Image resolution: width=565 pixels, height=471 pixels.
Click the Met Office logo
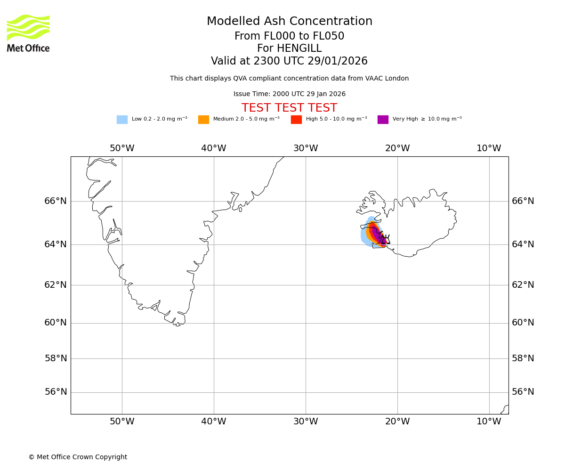tap(28, 33)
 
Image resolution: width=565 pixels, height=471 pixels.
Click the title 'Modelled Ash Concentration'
tap(289, 22)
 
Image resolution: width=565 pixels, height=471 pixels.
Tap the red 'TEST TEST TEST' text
tap(289, 108)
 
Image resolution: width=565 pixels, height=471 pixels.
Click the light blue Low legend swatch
tap(122, 120)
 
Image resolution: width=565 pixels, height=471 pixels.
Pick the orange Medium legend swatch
tap(203, 120)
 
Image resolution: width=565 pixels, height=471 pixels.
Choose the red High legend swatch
tap(296, 120)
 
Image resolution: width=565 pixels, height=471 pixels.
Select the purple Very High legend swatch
tap(383, 120)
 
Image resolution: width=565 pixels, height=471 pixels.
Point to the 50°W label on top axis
tap(122, 148)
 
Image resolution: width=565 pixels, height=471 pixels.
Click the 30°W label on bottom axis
tap(306, 422)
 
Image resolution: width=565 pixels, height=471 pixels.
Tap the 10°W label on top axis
tap(489, 148)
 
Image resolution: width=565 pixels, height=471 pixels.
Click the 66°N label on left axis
tap(56, 201)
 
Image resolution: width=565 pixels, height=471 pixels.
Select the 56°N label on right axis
tap(523, 392)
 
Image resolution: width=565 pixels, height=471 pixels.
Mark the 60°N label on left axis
tap(56, 323)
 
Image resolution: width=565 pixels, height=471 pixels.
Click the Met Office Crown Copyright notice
tap(78, 457)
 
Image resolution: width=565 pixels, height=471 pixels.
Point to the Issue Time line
tap(289, 94)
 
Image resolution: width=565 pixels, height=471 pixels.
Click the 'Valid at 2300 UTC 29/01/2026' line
tap(289, 61)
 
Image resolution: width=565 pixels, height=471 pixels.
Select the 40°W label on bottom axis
tap(214, 422)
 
